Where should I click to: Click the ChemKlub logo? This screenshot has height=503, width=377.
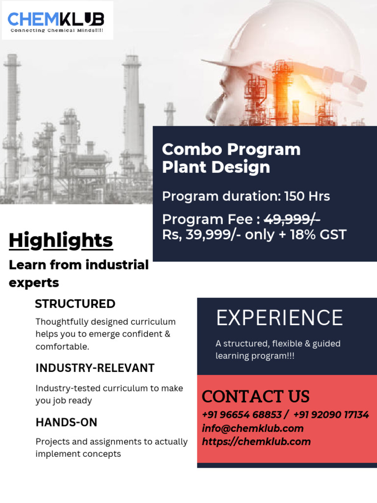coord(56,20)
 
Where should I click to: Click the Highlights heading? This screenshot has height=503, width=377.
coord(61,240)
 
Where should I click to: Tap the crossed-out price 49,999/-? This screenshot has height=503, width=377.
coord(293,219)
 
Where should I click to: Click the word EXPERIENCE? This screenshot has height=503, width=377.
coord(279,318)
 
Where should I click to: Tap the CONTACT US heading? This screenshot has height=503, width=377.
coord(256,396)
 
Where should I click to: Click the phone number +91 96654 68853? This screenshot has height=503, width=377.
coord(242,415)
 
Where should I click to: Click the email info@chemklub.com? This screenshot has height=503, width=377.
coord(252,428)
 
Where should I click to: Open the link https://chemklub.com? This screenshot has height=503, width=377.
coord(256,442)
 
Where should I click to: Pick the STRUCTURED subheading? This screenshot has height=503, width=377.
coord(75,304)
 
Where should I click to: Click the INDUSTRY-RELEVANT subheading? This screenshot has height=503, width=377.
coord(95,368)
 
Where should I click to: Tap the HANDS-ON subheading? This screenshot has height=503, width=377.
coord(66,422)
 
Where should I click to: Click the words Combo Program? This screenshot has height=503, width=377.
coord(231,149)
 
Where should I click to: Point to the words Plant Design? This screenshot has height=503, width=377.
coord(216,167)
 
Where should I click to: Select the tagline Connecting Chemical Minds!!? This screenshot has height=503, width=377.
coord(57,30)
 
